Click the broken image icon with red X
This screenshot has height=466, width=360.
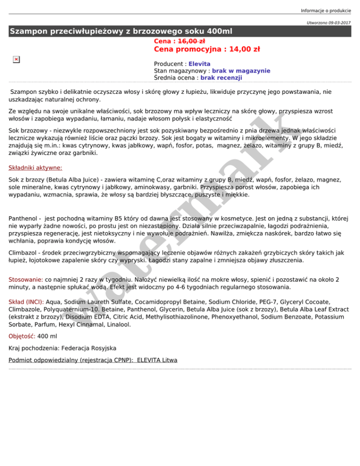16,59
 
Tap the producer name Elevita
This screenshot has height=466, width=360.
199,64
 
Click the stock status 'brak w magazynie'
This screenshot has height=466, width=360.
241,71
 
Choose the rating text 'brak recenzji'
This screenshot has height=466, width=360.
221,78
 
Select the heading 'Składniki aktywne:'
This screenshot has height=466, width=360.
36,167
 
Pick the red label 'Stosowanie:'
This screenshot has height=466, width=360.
26,279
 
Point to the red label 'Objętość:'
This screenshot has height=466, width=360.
22,336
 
